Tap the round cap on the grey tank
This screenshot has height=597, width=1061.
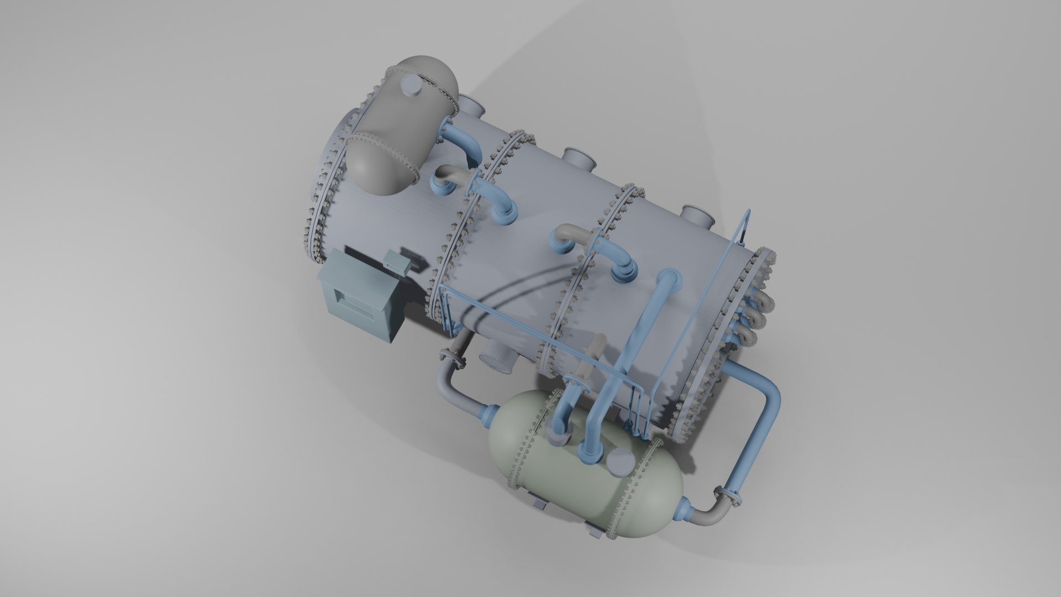(x=411, y=86)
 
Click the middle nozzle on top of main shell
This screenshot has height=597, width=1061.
(x=580, y=160)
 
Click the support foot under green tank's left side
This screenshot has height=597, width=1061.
(x=539, y=502)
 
